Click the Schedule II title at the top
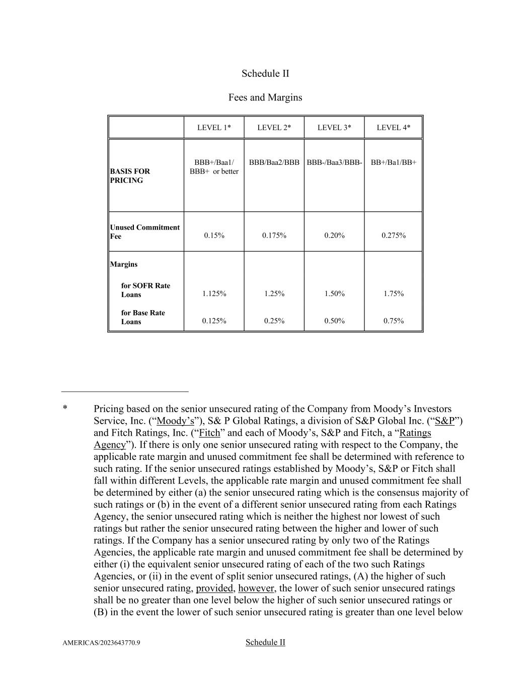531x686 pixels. [265, 73]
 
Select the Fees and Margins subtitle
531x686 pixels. [265, 97]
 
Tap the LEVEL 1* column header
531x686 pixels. [214, 128]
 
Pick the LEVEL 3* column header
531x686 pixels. [334, 128]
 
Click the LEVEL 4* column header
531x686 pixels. [393, 128]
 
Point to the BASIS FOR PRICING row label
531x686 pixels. [130, 176]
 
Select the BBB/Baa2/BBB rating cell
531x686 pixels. [274, 162]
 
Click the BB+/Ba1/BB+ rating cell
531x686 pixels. [393, 162]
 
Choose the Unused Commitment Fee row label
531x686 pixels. [144, 232]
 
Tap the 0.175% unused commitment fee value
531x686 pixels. [274, 236]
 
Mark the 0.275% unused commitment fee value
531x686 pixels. [393, 236]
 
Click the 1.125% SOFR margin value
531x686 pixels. [214, 293]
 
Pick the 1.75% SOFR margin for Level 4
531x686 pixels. [393, 293]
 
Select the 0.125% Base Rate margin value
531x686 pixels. [214, 321]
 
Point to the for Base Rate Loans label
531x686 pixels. [142, 317]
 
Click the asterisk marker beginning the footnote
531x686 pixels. [65, 409]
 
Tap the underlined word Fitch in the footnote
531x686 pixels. [209, 433]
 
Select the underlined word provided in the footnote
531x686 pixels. [214, 588]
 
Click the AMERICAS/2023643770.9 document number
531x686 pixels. [101, 643]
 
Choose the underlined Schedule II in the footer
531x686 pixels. [265, 642]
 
